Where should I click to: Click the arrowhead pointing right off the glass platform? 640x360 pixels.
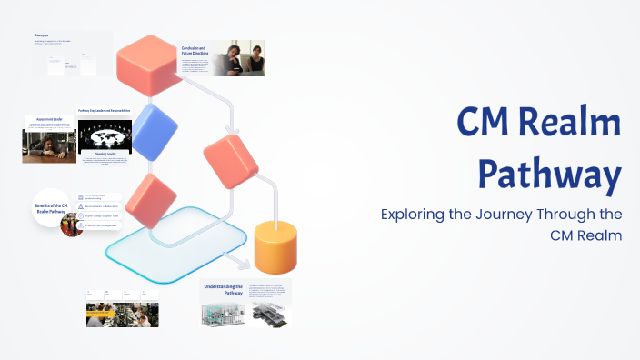point(243,265)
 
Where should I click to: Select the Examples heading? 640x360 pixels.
point(47,36)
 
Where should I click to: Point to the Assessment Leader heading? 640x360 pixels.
point(49,119)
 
